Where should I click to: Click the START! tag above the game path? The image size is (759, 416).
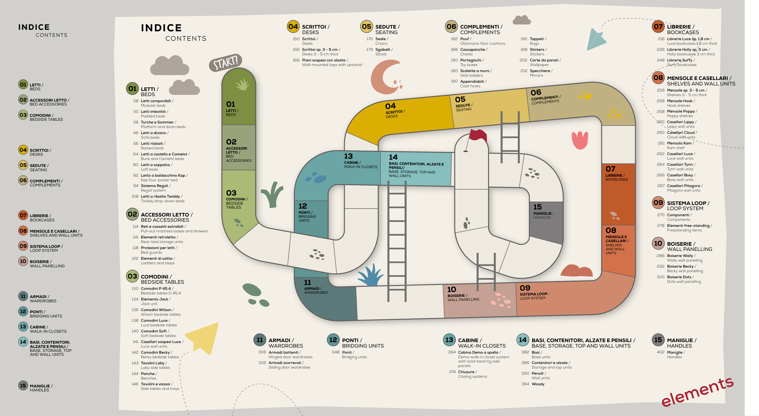tap(225, 62)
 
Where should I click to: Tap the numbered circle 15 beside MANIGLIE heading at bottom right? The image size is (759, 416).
tap(658, 340)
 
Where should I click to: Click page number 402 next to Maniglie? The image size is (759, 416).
tap(661, 352)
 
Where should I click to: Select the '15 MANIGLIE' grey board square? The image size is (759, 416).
tap(546, 222)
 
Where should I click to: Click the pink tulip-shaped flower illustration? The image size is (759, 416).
tap(580, 140)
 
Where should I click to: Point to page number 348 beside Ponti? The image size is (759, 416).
tap(335, 352)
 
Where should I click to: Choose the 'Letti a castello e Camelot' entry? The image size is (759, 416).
tap(165, 154)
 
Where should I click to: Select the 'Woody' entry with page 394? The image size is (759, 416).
tap(538, 384)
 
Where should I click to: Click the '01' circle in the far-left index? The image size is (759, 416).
tap(23, 85)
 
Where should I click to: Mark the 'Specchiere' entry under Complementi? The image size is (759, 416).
tap(541, 71)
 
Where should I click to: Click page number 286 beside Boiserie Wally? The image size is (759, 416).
tap(661, 256)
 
